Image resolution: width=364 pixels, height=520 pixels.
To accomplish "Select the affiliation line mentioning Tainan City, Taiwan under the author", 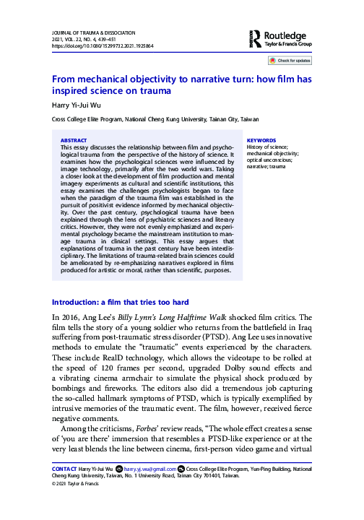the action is click(x=155, y=118).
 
